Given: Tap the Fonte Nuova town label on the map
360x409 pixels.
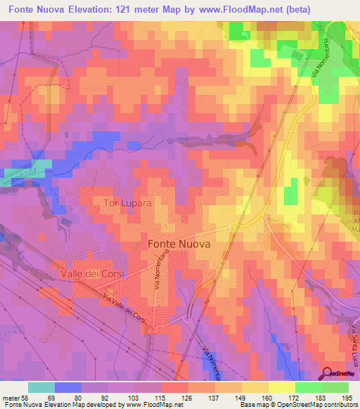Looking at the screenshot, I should (x=181, y=242).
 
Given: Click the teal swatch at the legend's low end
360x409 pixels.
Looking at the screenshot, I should (x=41, y=387).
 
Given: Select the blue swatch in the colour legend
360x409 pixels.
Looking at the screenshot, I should (x=67, y=387).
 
